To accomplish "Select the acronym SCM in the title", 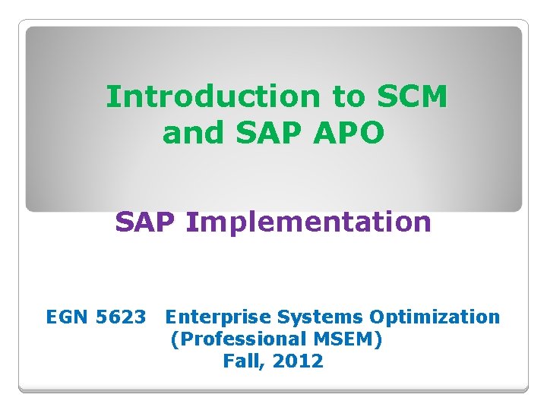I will tap(411, 97).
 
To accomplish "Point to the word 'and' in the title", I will tap(194, 133).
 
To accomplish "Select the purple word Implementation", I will tap(308, 222).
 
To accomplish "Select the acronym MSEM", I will tap(344, 339).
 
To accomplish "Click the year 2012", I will tap(298, 361).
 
